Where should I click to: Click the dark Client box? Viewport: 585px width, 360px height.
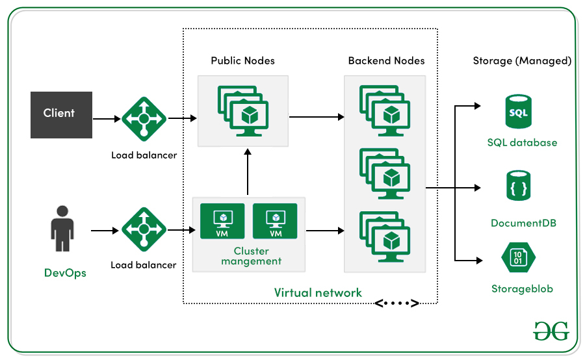[58, 114]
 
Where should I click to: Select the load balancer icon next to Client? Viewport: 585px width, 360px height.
[144, 120]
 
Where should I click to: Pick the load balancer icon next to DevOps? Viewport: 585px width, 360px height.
[144, 230]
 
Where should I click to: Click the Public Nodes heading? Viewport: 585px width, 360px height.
[242, 61]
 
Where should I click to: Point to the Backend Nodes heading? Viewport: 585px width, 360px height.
[386, 61]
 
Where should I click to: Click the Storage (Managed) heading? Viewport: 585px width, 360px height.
[522, 61]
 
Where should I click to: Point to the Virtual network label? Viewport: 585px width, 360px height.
[318, 292]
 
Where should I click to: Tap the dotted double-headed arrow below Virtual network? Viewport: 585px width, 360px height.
[397, 303]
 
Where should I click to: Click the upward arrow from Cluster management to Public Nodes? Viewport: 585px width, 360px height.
[248, 172]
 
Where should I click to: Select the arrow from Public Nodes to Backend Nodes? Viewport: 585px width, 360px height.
[316, 118]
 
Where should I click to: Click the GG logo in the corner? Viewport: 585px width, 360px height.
[551, 330]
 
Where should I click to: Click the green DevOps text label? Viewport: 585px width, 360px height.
[65, 272]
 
